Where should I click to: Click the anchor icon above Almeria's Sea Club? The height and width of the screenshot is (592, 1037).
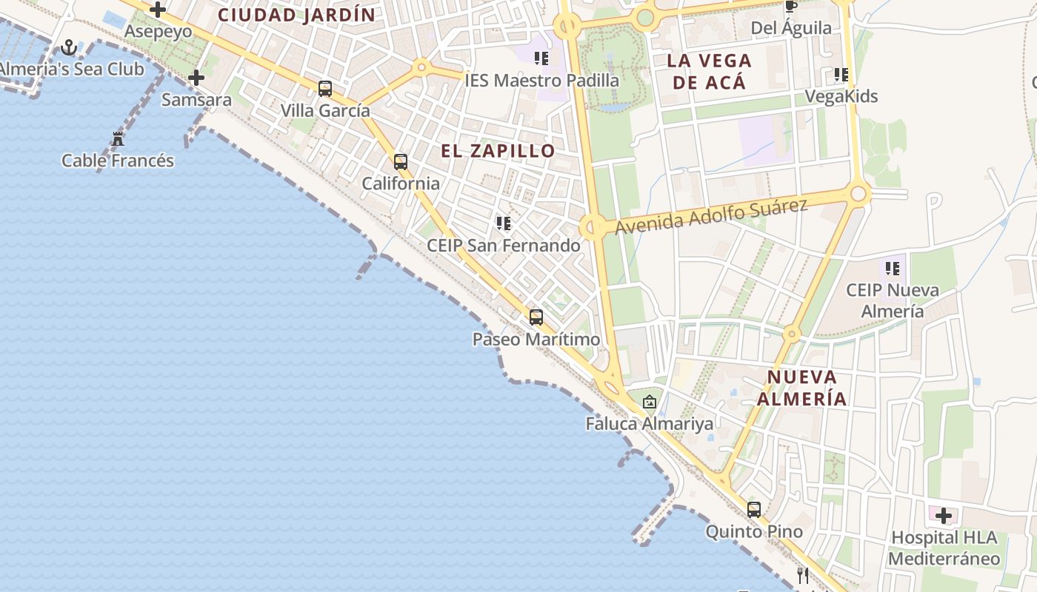69,48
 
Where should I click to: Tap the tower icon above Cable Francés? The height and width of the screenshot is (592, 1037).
117,138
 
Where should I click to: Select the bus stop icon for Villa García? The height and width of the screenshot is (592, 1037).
325,89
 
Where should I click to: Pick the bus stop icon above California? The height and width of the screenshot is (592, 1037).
401,161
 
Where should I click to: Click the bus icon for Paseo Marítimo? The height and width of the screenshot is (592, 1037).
536,317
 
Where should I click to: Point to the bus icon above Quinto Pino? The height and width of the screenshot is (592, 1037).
754,509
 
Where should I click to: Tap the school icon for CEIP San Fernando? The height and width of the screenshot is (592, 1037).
504,223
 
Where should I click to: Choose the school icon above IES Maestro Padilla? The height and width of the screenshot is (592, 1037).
541,58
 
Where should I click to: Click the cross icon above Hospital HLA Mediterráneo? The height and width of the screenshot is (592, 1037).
944,515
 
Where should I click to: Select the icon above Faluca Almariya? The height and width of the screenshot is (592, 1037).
650,402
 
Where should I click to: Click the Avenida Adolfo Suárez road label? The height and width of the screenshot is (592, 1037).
710,216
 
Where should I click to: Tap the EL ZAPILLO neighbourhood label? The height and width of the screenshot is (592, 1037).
498,151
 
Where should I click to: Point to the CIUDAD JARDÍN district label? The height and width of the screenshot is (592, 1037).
296,15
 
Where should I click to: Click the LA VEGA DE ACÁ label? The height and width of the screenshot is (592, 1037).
709,71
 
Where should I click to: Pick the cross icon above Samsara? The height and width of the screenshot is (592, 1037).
196,77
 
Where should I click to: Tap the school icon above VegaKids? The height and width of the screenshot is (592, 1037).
841,74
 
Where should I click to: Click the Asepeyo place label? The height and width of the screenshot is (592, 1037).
158,31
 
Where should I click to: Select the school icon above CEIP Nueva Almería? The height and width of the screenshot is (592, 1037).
893,268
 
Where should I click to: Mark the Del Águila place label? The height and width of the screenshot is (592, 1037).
791,28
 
